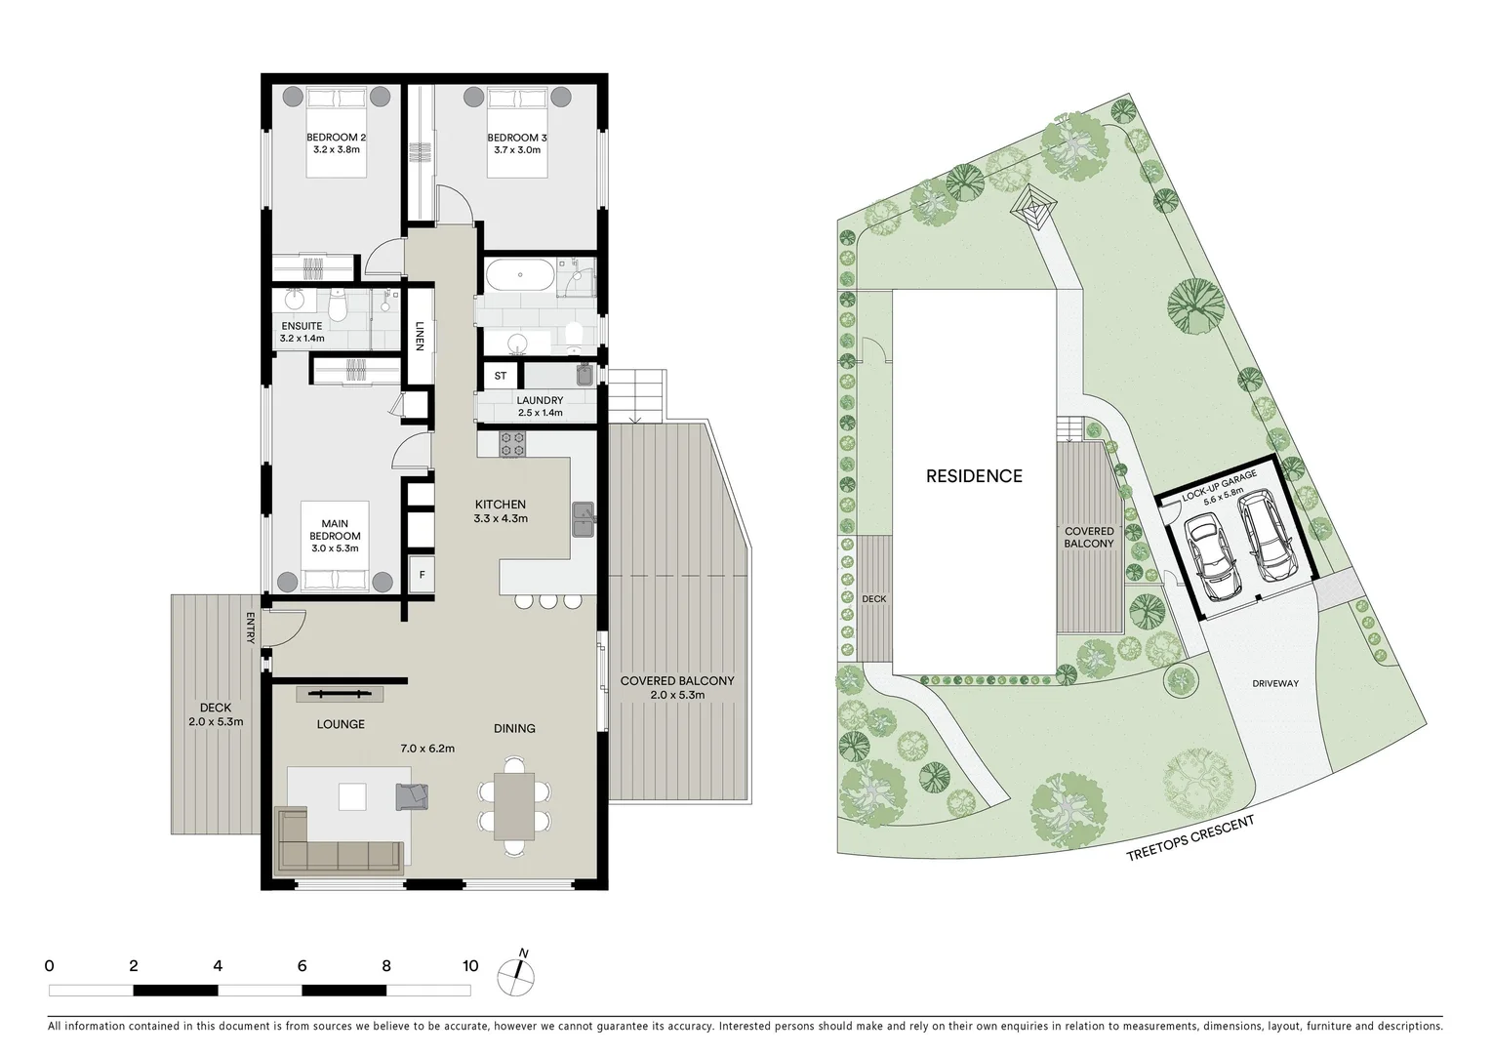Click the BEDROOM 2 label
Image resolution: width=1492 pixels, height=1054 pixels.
pyautogui.click(x=337, y=138)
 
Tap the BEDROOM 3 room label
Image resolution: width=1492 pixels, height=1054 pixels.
pyautogui.click(x=516, y=138)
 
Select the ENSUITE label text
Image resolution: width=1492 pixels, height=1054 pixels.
pyautogui.click(x=302, y=326)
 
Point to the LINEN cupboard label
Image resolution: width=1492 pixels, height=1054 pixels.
pyautogui.click(x=420, y=335)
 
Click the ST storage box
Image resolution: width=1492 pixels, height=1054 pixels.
pyautogui.click(x=501, y=376)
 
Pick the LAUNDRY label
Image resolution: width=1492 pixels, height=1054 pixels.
pyautogui.click(x=540, y=400)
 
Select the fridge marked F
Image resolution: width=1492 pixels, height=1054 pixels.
pyautogui.click(x=422, y=575)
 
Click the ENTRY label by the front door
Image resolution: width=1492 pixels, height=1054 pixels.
pyautogui.click(x=251, y=628)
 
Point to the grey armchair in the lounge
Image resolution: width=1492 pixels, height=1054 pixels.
pyautogui.click(x=412, y=796)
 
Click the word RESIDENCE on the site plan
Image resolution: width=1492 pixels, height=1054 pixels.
pyautogui.click(x=974, y=476)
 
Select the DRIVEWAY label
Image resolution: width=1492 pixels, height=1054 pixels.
pyautogui.click(x=1275, y=683)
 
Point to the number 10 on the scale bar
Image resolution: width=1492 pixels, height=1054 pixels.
pyautogui.click(x=470, y=966)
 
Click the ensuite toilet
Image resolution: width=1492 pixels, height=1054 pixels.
pyautogui.click(x=338, y=307)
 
